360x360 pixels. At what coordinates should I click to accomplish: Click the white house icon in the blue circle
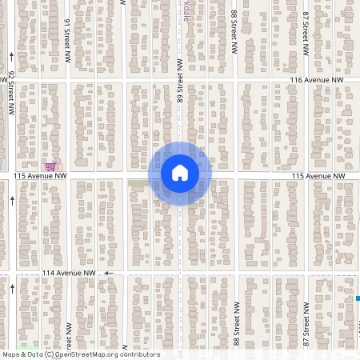click(x=180, y=173)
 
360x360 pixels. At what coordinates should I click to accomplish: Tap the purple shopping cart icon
click(x=51, y=166)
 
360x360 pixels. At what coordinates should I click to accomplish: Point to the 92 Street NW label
click(x=12, y=93)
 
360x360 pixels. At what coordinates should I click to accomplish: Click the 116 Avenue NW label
click(x=316, y=81)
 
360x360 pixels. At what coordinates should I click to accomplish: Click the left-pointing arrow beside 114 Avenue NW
click(x=110, y=273)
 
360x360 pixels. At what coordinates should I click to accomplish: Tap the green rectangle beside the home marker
click(x=139, y=184)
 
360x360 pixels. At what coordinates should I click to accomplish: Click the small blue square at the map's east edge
click(x=357, y=298)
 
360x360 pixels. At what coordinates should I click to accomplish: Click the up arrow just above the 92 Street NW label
click(x=12, y=56)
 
